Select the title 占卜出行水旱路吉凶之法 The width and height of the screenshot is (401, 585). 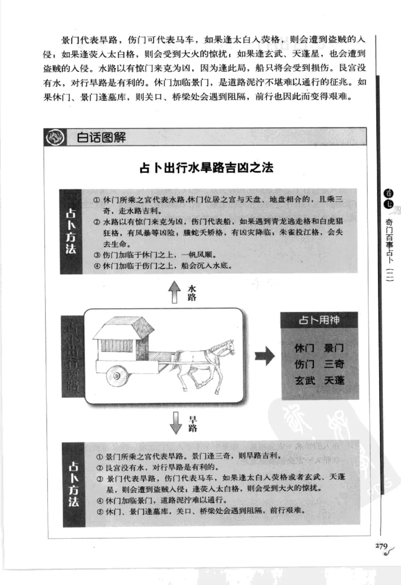(x=206, y=168)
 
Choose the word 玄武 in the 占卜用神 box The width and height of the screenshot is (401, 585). (x=305, y=380)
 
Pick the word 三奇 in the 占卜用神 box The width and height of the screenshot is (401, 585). (x=334, y=364)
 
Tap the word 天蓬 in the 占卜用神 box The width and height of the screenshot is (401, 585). (x=334, y=380)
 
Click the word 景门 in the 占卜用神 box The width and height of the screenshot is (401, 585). (x=334, y=348)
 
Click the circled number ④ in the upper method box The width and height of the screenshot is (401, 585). (x=97, y=265)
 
